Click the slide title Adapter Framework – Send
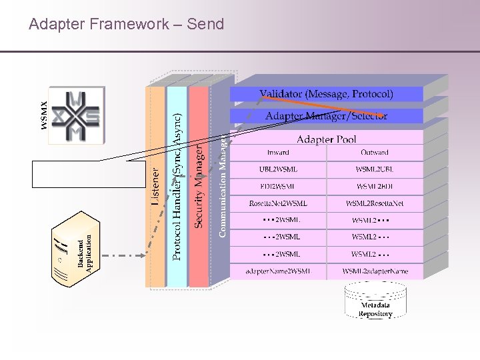tap(127, 25)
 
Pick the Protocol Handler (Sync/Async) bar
tap(177, 187)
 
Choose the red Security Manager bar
tap(199, 187)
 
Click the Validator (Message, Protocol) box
tap(326, 94)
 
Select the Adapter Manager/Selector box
tap(326, 116)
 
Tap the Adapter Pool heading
tap(326, 139)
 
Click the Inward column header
tap(278, 153)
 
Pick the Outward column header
tap(374, 153)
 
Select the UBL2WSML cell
tap(278, 169)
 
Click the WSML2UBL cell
tap(374, 169)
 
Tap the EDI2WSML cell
tap(278, 187)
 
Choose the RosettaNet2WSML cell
tap(278, 203)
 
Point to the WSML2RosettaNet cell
tap(374, 203)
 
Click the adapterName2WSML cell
tap(278, 271)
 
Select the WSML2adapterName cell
tap(374, 271)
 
